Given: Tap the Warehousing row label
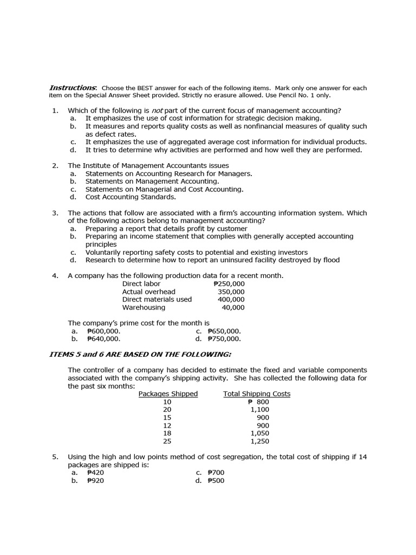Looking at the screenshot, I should [144, 307].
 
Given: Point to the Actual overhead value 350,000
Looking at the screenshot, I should [231, 292].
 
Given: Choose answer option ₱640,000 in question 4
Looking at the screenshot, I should [103, 339].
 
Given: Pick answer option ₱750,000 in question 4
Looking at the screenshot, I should [224, 339].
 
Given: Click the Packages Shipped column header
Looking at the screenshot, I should [168, 394].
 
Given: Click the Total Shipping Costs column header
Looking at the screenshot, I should [257, 394].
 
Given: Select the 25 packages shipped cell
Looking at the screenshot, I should [167, 441].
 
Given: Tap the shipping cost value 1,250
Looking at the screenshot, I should [260, 441].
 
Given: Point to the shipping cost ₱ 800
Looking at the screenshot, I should [258, 402].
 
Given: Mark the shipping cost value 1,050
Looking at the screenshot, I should [260, 434].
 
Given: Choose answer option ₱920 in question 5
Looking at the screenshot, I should [95, 481].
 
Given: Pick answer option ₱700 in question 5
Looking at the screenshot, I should [216, 473].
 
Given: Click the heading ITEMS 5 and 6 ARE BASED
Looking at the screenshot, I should [140, 354].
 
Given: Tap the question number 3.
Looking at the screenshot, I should [55, 213].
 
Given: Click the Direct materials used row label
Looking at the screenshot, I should [157, 299].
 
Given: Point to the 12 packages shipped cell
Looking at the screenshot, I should [167, 425].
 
